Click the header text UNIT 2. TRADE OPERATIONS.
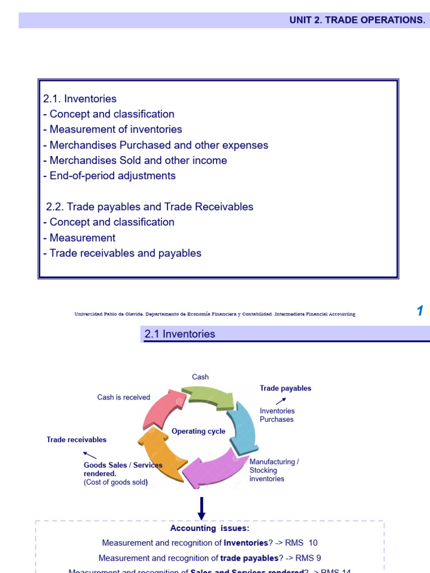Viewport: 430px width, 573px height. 357,20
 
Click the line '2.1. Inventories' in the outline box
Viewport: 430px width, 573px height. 80,98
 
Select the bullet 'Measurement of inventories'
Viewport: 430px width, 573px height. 113,129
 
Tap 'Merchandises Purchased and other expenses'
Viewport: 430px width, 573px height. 156,145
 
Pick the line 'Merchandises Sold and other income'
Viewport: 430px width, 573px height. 135,161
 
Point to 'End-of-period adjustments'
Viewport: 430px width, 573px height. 109,176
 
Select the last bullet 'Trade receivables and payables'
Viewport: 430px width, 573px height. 122,253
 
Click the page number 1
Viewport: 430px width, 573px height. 419,312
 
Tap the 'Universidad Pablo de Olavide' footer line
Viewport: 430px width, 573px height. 214,314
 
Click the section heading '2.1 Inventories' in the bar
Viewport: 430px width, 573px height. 180,334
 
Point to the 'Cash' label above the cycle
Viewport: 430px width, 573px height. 200,377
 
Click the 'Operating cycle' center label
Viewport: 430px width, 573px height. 198,431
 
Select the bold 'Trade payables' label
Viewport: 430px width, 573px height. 286,388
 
